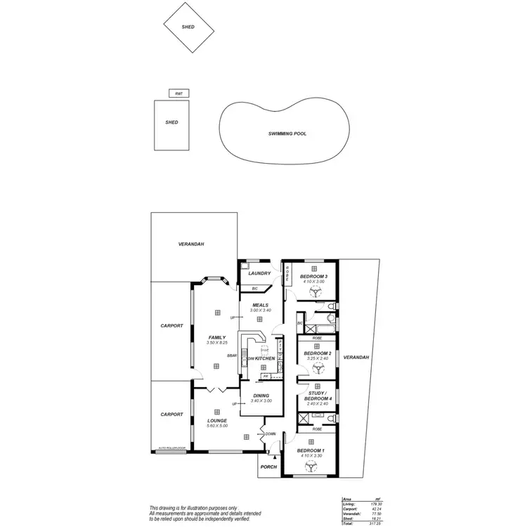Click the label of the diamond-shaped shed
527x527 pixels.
pyautogui.click(x=188, y=27)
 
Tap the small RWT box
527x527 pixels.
pyautogui.click(x=178, y=93)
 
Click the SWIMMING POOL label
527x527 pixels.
pyautogui.click(x=287, y=134)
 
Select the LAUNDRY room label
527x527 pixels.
pyautogui.click(x=259, y=273)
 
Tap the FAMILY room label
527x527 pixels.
pyautogui.click(x=216, y=337)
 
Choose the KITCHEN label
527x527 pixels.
pyautogui.click(x=265, y=358)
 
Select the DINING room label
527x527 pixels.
pyautogui.click(x=261, y=396)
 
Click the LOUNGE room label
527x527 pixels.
pyautogui.click(x=216, y=420)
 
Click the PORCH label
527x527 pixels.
pyautogui.click(x=268, y=467)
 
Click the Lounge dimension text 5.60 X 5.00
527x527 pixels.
pyautogui.click(x=216, y=426)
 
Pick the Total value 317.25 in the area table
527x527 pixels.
pyautogui.click(x=372, y=523)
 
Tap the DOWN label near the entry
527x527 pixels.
pyautogui.click(x=271, y=434)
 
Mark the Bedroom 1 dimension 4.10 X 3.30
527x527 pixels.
pyautogui.click(x=310, y=455)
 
